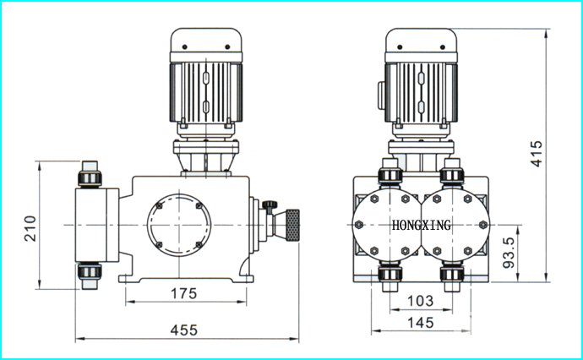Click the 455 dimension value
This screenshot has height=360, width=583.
click(184, 330)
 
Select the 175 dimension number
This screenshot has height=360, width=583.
click(183, 293)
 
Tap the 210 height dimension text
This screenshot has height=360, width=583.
click(30, 228)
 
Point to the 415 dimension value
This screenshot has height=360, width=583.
click(537, 154)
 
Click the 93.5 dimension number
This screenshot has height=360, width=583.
click(509, 253)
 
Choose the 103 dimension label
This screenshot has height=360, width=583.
click(421, 301)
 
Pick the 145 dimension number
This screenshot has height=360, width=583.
click(421, 323)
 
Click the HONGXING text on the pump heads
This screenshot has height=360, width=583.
click(422, 225)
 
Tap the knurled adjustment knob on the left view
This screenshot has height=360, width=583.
click(292, 226)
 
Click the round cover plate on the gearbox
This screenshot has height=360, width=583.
click(179, 225)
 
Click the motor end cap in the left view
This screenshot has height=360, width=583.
click(206, 40)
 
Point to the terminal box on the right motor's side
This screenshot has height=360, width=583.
click(381, 95)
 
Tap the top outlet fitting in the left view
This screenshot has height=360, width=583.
click(90, 174)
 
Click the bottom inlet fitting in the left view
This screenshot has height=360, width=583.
click(90, 275)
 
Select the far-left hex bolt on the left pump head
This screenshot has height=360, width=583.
click(359, 225)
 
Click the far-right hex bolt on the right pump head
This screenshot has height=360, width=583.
click(483, 225)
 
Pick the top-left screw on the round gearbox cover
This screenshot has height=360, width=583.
click(160, 205)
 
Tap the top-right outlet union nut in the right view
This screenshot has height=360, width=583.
click(452, 176)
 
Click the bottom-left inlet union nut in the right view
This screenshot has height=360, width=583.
click(390, 274)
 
